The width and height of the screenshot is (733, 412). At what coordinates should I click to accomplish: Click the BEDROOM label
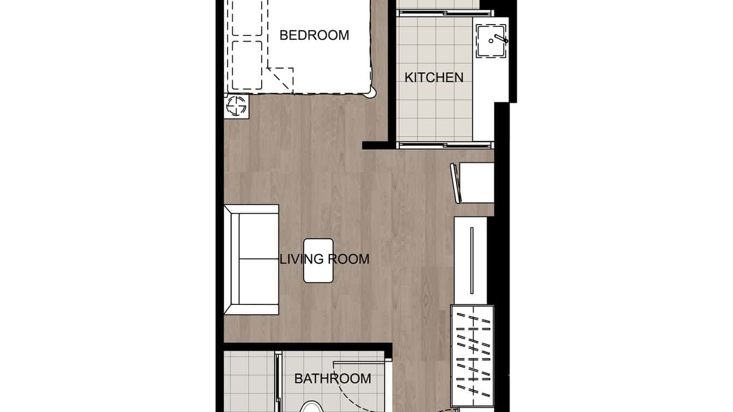tap(314, 36)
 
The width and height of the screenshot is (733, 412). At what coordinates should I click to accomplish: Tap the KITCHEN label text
tap(434, 78)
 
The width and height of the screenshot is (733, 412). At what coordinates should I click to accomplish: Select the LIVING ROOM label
tap(324, 259)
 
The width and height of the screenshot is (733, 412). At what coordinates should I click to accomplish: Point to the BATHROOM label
tap(333, 379)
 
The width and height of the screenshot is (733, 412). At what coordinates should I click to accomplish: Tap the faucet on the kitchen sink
tap(499, 39)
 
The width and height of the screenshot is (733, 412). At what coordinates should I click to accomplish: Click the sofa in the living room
tap(252, 260)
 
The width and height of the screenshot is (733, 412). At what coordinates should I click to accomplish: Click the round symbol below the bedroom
tap(237, 106)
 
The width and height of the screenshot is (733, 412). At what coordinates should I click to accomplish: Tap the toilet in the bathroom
tap(311, 406)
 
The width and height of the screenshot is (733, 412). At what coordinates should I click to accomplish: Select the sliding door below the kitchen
tap(445, 145)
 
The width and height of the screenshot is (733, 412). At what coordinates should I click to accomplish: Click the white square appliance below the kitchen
tap(475, 183)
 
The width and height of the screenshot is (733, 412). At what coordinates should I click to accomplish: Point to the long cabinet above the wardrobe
tap(471, 260)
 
